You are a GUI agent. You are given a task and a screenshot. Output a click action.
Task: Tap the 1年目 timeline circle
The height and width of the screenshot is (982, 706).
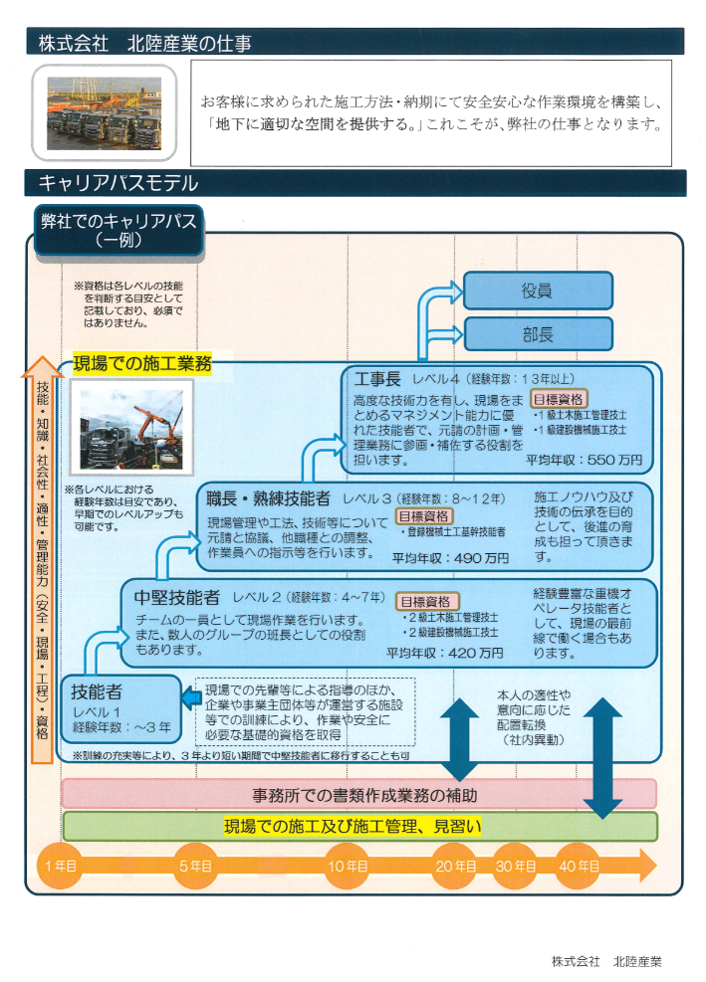[x=61, y=866]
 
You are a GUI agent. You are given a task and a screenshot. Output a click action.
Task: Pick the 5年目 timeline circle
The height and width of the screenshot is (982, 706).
[x=196, y=866]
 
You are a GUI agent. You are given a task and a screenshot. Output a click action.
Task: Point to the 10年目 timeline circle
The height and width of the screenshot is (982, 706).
[x=348, y=866]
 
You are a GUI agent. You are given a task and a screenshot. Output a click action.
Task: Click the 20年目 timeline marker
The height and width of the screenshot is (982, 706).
[x=455, y=866]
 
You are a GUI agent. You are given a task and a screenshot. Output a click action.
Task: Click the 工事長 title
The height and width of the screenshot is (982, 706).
[x=377, y=379]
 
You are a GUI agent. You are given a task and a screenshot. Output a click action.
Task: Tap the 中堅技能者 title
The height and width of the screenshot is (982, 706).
[x=177, y=598]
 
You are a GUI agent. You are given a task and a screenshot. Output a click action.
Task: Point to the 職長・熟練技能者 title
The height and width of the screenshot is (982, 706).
[x=267, y=498]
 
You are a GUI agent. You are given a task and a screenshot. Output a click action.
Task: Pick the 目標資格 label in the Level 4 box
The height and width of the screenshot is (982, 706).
[x=558, y=398]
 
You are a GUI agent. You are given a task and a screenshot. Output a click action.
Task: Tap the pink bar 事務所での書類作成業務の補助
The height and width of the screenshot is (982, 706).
[x=358, y=794]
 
